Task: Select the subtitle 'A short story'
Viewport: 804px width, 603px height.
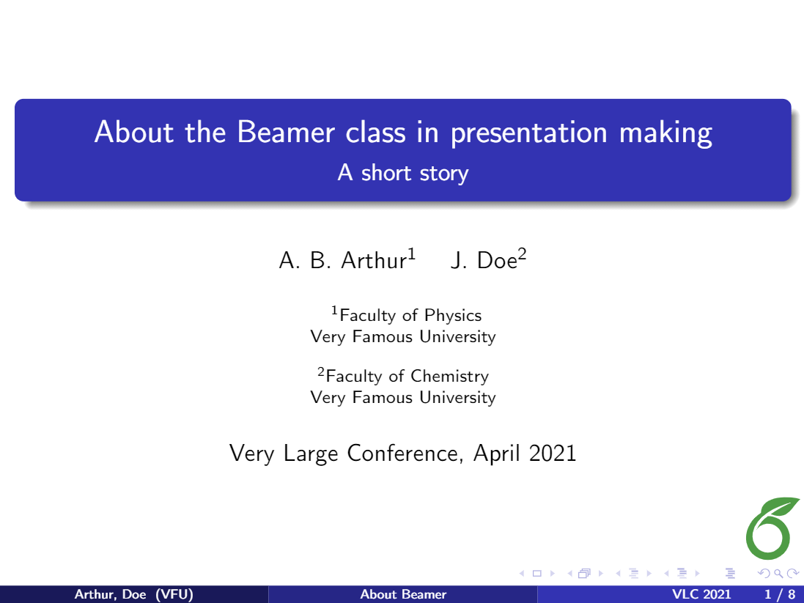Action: tap(402, 174)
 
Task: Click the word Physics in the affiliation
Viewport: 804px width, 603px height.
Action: tap(453, 316)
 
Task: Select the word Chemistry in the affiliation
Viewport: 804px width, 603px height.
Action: tap(449, 377)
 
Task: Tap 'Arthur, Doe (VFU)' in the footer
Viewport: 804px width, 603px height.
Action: tap(133, 594)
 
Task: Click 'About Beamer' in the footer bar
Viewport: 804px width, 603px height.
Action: tap(403, 594)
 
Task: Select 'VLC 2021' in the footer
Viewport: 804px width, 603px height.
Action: tap(701, 594)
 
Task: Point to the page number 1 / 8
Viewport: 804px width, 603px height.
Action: tap(779, 594)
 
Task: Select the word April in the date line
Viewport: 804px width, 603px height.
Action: tap(497, 454)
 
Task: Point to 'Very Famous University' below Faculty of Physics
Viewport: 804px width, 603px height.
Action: tap(402, 337)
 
